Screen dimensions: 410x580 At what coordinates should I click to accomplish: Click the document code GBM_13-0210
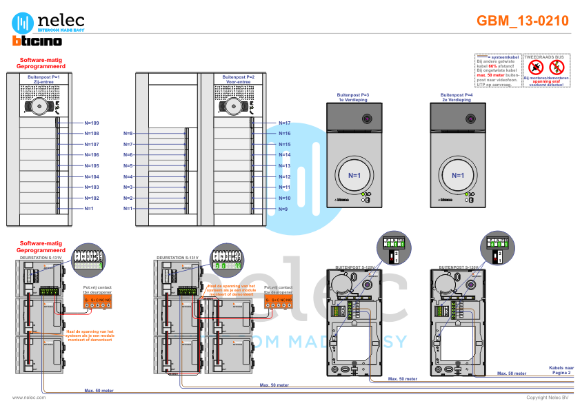click(523, 21)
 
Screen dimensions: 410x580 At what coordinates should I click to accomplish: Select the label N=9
click(283, 209)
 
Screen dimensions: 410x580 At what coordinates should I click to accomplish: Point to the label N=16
click(284, 133)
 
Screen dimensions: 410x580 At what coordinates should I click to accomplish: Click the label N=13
click(284, 165)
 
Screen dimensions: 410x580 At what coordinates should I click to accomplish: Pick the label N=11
click(284, 187)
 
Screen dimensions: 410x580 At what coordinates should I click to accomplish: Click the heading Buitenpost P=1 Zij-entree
click(43, 79)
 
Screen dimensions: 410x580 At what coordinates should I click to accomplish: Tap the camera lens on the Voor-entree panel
click(233, 107)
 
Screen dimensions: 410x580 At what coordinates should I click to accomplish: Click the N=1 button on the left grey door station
click(354, 175)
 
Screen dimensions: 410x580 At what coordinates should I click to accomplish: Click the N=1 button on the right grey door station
click(458, 175)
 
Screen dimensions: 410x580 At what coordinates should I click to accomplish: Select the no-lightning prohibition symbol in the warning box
click(557, 68)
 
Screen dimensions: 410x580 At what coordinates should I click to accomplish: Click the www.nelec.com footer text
click(29, 398)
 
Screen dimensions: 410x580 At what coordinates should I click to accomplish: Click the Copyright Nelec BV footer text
click(547, 398)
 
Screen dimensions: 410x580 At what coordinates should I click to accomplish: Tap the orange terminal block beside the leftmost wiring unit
click(97, 300)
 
